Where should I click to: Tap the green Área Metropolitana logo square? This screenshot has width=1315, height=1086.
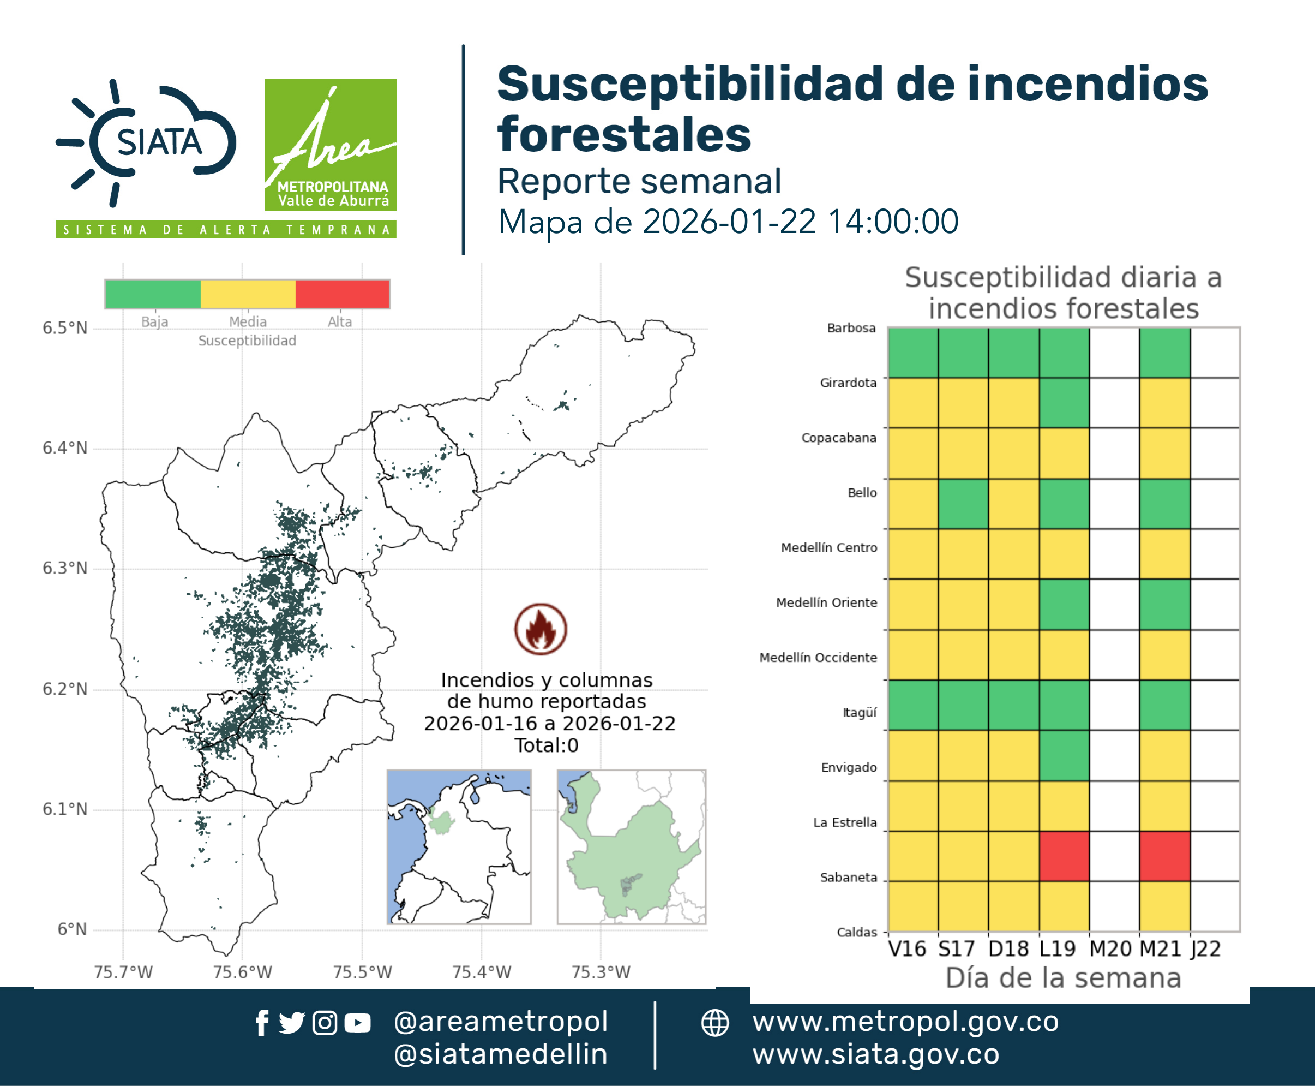coord(330,145)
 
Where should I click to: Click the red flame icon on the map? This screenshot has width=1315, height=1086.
coord(541,629)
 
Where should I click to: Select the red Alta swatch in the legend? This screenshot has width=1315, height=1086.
coord(342,294)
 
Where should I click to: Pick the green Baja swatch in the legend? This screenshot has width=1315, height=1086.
coord(153,294)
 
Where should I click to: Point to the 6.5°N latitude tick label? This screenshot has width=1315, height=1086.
coord(65,329)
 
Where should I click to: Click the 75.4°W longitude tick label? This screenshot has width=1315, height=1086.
coord(482,972)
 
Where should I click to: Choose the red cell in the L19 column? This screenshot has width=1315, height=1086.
coord(1064,856)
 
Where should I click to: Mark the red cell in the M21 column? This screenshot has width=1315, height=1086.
coord(1164,856)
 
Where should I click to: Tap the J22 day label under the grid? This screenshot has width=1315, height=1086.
coord(1205,949)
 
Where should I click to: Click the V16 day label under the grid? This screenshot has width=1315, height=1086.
coord(906,949)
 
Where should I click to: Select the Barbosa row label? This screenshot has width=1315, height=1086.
coord(851,328)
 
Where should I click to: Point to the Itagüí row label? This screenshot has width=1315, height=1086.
coord(860,713)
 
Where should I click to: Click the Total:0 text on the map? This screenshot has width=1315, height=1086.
coord(547,745)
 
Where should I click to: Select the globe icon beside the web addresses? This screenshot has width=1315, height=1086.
coord(714,1023)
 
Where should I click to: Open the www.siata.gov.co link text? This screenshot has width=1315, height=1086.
coord(876,1054)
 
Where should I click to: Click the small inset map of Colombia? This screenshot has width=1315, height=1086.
coord(459,847)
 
